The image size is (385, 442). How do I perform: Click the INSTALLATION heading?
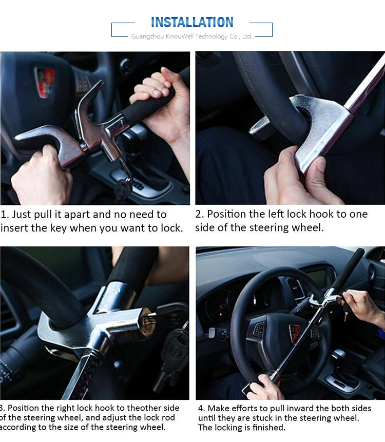pos(192,22)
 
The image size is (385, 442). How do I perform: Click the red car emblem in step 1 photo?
pos(45,82)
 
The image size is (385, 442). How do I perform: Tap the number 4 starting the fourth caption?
pos(201,409)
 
